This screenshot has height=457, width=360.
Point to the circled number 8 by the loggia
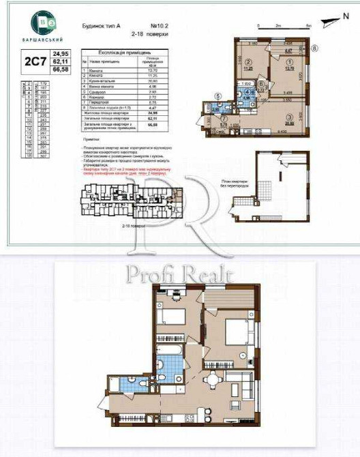[x=314, y=48]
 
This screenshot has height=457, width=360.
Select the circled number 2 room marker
[x=250, y=61]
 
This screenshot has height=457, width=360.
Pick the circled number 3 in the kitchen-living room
[x=290, y=117]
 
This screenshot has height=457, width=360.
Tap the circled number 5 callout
[x=217, y=96]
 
